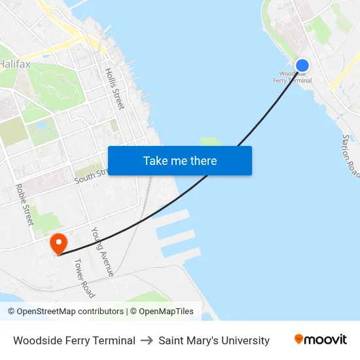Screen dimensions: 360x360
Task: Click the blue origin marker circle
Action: click(302, 65)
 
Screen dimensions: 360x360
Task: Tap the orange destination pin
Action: click(59, 243)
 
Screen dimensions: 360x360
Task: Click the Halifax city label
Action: click(14, 64)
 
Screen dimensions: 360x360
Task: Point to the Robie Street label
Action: click(24, 204)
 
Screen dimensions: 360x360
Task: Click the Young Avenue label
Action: click(102, 251)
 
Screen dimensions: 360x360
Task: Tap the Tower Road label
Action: click(84, 278)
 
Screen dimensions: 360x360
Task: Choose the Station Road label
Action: click(351, 156)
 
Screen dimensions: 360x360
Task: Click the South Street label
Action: click(90, 176)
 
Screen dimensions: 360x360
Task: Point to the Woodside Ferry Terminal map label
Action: click(292, 77)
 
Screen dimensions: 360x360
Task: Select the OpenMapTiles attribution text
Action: click(166, 312)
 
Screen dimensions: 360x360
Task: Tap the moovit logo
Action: click(321, 339)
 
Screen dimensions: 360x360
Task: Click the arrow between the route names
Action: click(147, 340)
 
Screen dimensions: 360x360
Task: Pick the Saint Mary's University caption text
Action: click(214, 340)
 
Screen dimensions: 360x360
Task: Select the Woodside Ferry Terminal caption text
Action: click(74, 340)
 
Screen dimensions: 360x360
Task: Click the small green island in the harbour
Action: click(211, 141)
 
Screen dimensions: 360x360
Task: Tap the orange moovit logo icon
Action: click(299, 339)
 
